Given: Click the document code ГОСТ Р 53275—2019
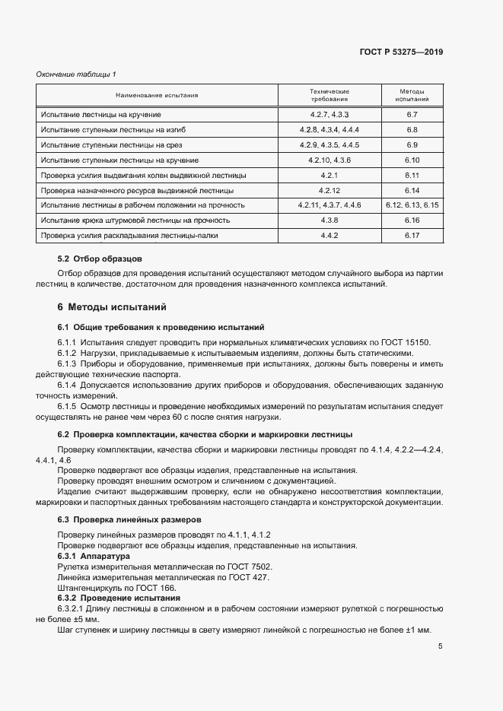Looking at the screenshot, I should pyautogui.click(x=401, y=52).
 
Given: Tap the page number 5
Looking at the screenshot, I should pyautogui.click(x=441, y=646).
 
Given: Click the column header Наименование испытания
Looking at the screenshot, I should pyautogui.click(x=157, y=95).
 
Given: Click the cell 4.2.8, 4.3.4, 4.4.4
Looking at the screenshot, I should pyautogui.click(x=329, y=129).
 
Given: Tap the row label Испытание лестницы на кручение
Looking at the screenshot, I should pyautogui.click(x=100, y=114).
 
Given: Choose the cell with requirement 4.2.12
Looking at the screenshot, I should pyautogui.click(x=329, y=190).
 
